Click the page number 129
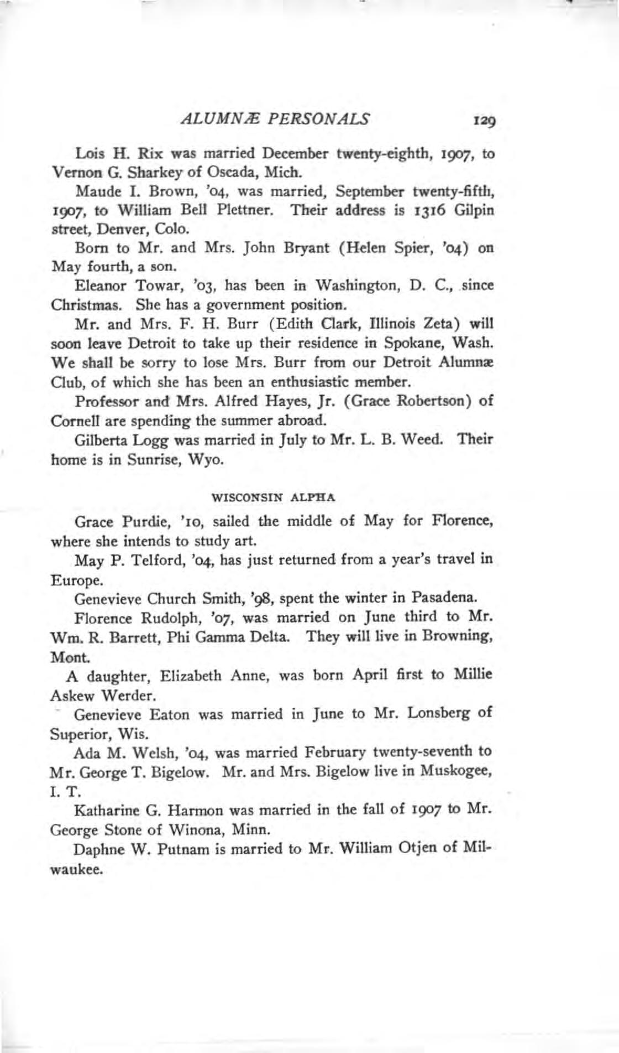(x=482, y=120)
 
